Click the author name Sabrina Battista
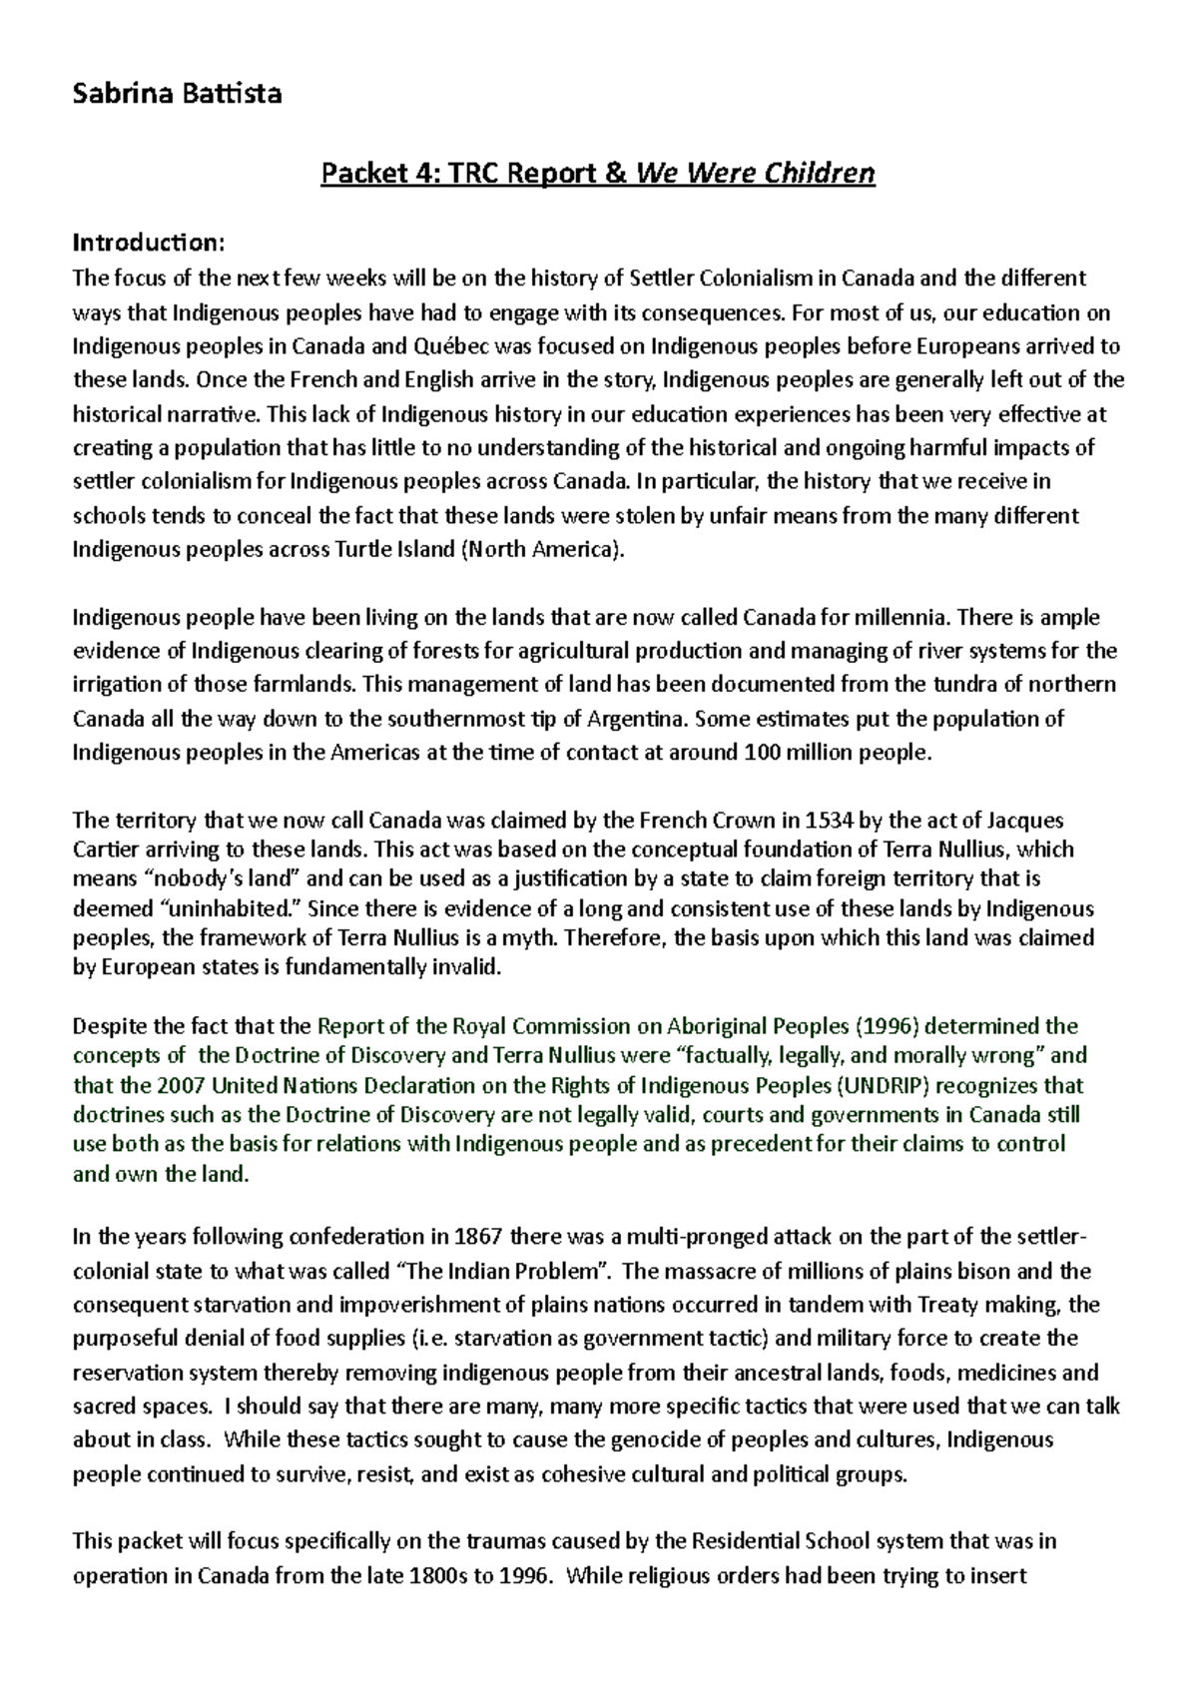[x=178, y=94]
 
